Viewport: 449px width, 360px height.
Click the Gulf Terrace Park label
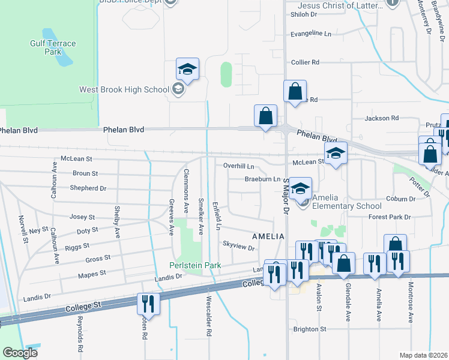point(53,47)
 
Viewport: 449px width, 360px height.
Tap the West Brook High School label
point(125,90)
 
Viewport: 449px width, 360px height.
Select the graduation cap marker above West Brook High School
point(187,70)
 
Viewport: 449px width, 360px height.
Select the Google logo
point(20,352)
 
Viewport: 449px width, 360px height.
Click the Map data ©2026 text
point(423,355)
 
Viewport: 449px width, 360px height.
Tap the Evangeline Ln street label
point(311,34)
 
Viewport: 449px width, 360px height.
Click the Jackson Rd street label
point(382,119)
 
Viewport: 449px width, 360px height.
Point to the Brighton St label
point(310,329)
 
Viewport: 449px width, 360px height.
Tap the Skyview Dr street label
point(239,245)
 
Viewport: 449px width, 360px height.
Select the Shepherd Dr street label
point(88,188)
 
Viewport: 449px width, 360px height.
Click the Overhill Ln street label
point(239,166)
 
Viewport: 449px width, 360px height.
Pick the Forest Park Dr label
point(390,217)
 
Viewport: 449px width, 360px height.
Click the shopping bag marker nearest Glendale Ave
point(343,264)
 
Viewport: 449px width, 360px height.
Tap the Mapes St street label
point(92,273)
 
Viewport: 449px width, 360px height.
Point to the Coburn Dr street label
point(401,199)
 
